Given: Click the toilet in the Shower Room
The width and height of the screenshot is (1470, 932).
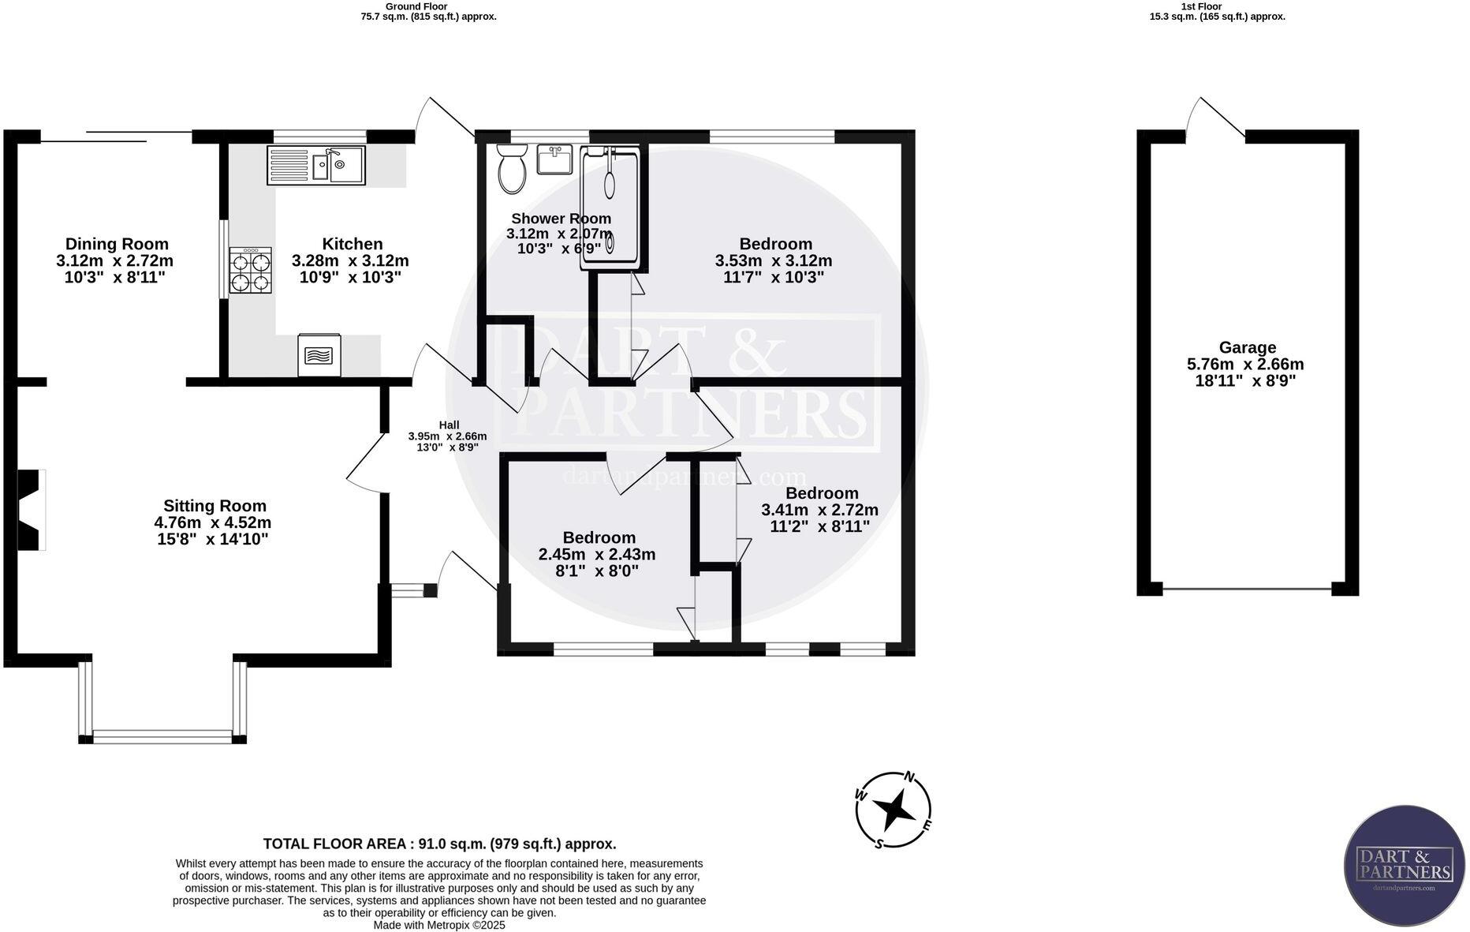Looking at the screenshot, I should [513, 168].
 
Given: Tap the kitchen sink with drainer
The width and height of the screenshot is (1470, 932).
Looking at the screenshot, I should [316, 166].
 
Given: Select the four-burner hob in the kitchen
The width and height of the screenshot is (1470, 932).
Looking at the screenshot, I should [251, 271].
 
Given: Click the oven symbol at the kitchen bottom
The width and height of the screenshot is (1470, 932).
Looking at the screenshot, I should [319, 354].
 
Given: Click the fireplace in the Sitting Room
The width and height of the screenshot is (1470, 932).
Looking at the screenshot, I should [31, 510].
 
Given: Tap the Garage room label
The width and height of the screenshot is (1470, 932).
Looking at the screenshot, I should [1247, 347].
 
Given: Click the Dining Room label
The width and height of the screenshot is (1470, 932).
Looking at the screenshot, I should [117, 244].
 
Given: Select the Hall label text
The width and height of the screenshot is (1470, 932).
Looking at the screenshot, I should [449, 425].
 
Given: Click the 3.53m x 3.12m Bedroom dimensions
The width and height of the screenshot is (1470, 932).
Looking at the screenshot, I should [773, 260].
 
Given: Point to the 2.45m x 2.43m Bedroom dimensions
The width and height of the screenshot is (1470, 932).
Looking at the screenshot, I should [597, 555].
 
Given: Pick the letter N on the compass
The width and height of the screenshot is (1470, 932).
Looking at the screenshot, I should [908, 777].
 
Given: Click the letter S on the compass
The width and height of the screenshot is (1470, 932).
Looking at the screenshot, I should [879, 843].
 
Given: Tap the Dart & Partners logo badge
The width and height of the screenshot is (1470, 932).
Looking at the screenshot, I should [1404, 866].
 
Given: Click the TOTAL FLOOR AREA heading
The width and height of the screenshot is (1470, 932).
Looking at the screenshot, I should [439, 844].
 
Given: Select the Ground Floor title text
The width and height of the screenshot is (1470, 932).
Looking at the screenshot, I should [405, 6].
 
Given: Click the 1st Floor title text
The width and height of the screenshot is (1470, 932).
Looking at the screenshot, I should [1201, 6].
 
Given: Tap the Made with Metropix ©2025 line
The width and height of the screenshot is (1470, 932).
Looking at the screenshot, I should [439, 925].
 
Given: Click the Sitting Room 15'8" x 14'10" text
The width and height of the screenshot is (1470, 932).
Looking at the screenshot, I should [213, 540].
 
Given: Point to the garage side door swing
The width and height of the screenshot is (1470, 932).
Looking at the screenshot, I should [1214, 118].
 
